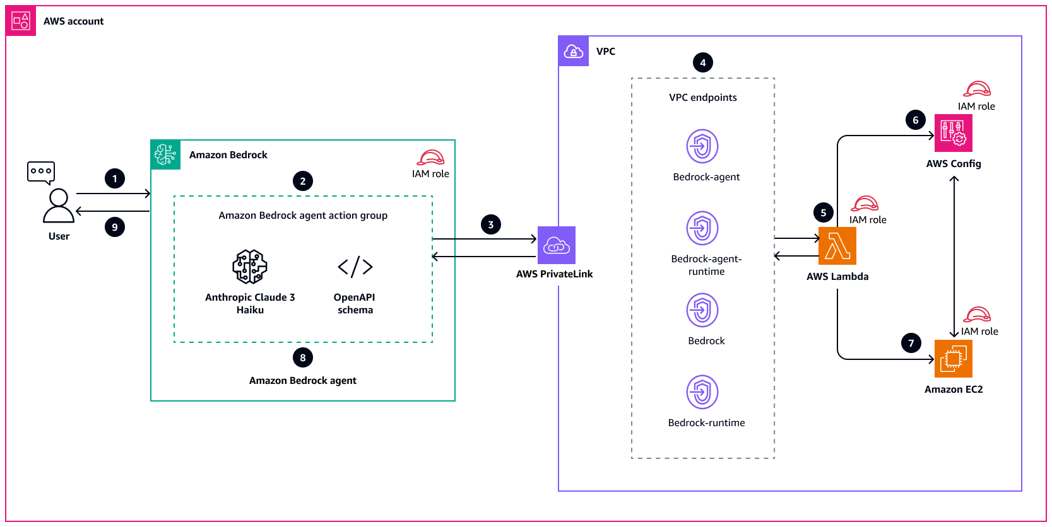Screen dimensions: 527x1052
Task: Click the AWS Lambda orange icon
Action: [837, 245]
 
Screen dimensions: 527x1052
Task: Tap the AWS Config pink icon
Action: [953, 133]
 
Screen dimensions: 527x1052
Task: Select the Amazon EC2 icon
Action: [953, 359]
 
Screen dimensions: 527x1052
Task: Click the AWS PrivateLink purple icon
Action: [556, 245]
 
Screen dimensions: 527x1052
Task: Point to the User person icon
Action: [58, 206]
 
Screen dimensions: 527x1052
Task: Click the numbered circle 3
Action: [490, 224]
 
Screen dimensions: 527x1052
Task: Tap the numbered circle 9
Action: [114, 227]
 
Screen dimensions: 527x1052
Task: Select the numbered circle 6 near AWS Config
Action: [915, 120]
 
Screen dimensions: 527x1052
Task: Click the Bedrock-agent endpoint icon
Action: [702, 146]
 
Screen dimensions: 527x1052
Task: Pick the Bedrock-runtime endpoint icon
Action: [702, 392]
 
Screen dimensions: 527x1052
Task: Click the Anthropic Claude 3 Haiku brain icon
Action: [250, 267]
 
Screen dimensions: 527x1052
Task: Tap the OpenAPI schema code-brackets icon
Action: [355, 267]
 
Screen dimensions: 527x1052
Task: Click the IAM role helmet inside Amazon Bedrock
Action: [430, 158]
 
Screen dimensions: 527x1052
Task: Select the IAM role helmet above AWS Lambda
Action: [865, 204]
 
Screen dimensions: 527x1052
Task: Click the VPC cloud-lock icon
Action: [573, 51]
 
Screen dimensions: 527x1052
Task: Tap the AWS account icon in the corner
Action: [21, 21]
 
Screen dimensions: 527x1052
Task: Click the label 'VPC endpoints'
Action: [702, 97]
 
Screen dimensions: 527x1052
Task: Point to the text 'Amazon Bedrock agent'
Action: [302, 380]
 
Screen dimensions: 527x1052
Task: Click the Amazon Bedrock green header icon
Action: [165, 154]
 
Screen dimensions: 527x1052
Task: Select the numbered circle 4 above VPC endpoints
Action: [702, 62]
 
